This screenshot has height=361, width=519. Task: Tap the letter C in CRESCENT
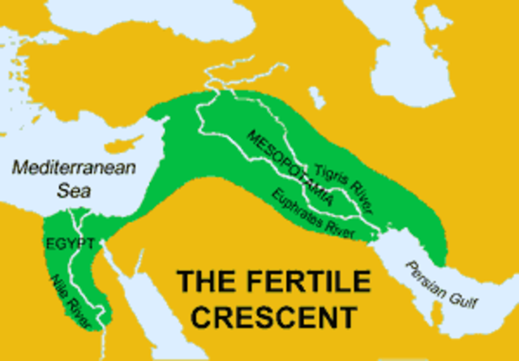tap(190, 314)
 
